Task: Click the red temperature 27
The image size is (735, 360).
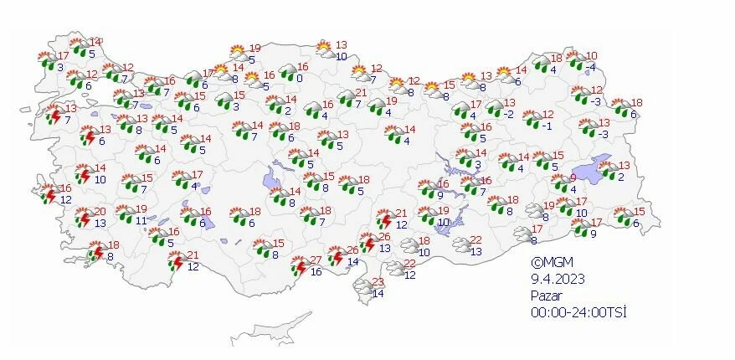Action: (316, 260)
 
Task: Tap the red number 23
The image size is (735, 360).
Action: (378, 281)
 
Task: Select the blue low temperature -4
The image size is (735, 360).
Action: (591, 67)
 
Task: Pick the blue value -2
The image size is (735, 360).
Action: (508, 114)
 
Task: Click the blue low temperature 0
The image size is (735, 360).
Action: (299, 78)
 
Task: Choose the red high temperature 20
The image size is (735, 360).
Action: (99, 212)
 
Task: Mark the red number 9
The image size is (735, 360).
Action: (573, 178)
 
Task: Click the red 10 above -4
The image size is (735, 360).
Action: (591, 55)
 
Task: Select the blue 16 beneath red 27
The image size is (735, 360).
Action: (316, 272)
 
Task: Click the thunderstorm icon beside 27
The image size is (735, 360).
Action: (301, 266)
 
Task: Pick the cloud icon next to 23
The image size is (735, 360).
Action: (363, 287)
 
